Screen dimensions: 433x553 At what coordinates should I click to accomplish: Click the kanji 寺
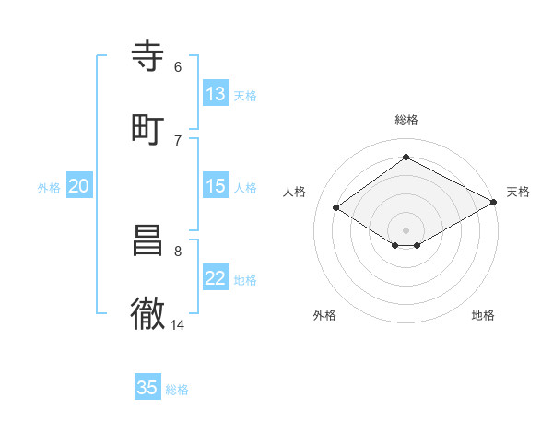147,57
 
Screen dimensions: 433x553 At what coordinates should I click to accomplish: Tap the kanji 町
147,130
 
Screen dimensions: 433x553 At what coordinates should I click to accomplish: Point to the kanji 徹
147,314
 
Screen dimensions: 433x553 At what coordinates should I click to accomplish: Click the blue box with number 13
216,94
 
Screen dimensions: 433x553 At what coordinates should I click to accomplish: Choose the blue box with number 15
216,186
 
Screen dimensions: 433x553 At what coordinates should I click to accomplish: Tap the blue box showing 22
216,278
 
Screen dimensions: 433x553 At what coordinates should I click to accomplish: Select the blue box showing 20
79,186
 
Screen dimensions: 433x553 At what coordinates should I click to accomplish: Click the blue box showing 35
147,388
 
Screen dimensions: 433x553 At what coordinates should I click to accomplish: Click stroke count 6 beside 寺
178,66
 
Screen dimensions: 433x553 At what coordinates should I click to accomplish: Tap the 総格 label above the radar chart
406,120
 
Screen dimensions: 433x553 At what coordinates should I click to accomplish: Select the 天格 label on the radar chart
518,192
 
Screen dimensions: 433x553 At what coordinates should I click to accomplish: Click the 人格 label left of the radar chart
295,192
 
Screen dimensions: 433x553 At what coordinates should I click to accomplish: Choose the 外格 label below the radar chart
324,315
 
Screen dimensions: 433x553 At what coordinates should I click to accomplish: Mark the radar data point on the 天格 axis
494,203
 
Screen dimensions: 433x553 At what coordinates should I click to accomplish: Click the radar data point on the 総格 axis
406,158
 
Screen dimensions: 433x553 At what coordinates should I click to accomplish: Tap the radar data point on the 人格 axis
336,208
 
